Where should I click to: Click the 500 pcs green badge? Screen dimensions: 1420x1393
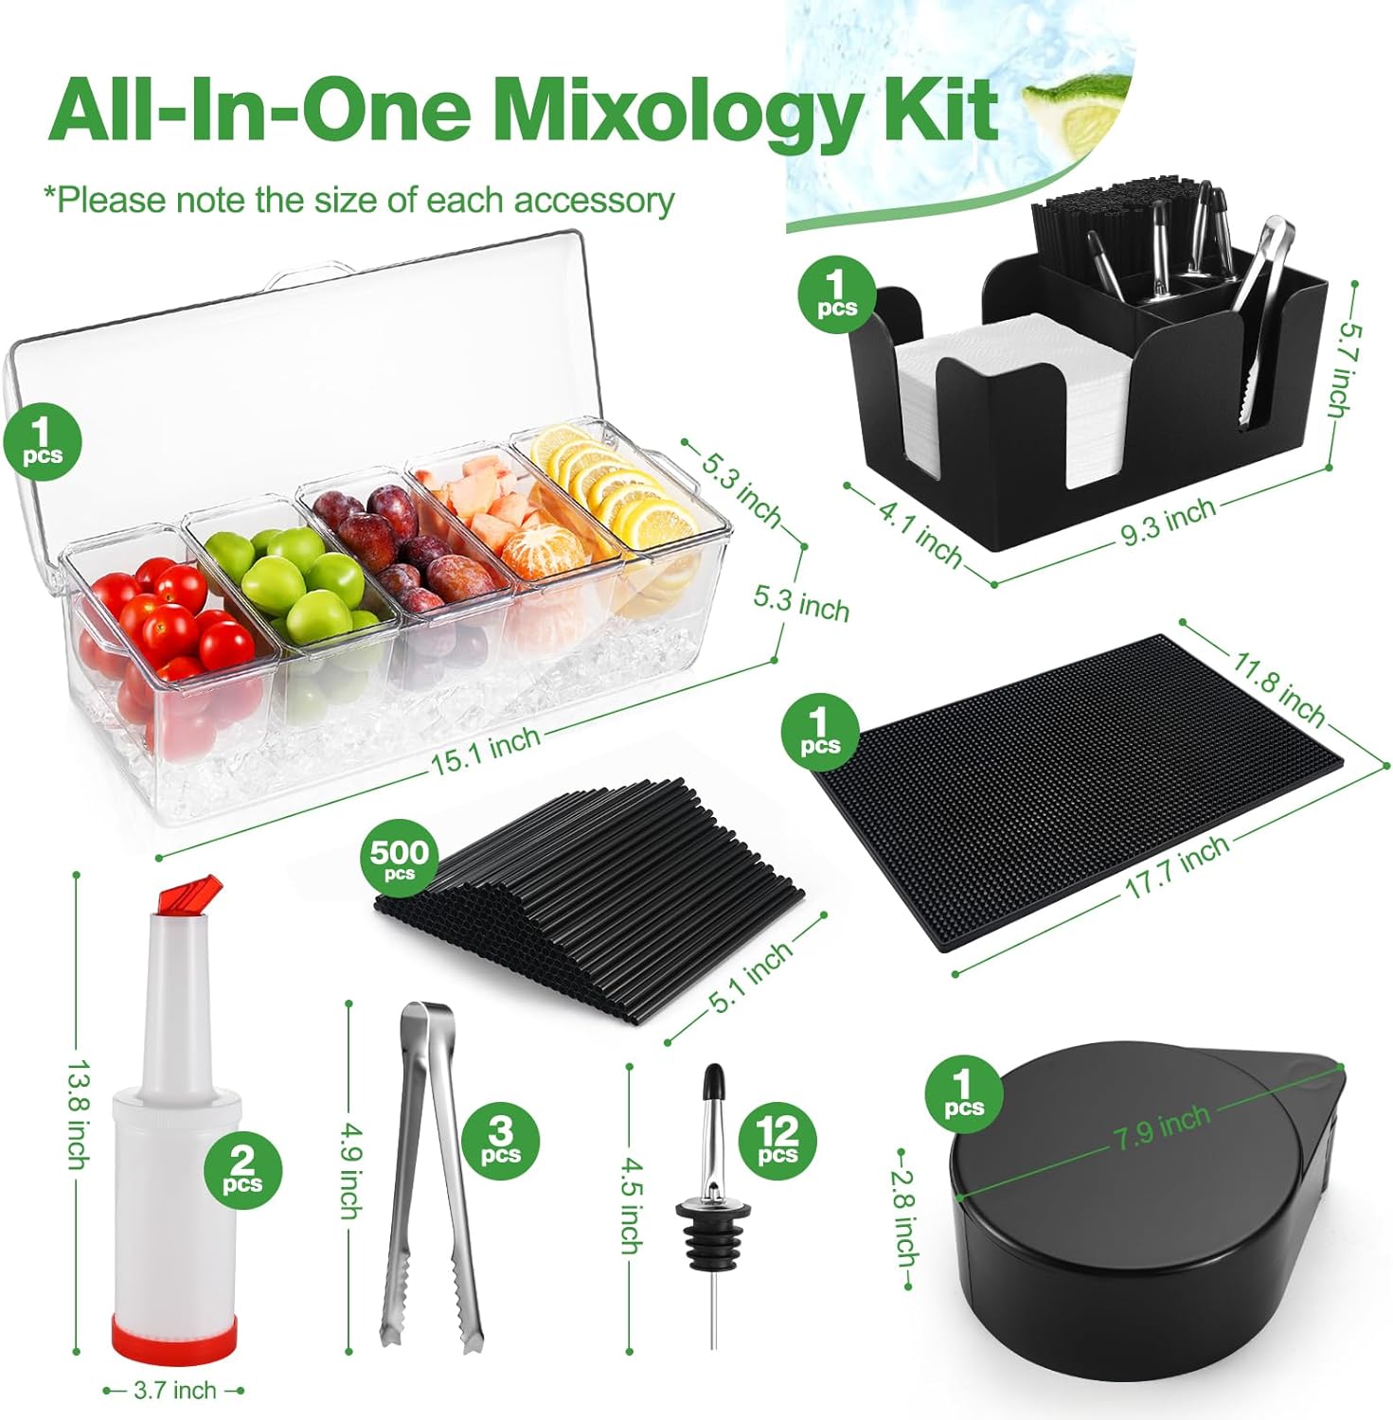pos(400,859)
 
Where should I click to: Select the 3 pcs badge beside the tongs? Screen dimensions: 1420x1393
pos(500,1140)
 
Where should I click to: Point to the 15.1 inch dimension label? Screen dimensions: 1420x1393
pos(486,750)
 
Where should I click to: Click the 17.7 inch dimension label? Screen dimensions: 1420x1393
pos(1176,867)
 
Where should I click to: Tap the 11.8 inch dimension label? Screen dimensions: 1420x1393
pos(1277,685)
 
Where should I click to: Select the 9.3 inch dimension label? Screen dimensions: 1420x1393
pos(1168,522)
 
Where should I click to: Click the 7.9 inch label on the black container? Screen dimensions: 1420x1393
pos(1162,1127)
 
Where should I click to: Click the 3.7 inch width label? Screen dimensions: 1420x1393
pos(175,1391)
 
